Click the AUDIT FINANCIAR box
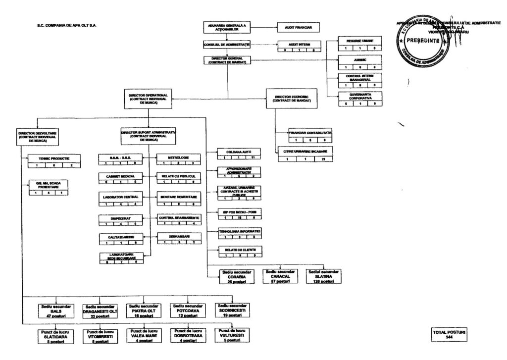coord(298,27)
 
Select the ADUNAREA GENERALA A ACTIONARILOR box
coord(227,27)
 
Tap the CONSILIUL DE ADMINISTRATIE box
coord(227,45)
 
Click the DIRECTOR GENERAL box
coord(227,60)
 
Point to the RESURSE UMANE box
coord(360,41)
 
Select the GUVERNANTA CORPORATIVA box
coord(360,95)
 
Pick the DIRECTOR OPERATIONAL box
coord(148,99)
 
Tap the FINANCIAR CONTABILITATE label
coord(310,134)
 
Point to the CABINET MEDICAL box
coord(121,176)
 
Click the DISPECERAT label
coord(121,217)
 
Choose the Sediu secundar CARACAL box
coord(281,276)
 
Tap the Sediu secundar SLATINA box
coord(324,276)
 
